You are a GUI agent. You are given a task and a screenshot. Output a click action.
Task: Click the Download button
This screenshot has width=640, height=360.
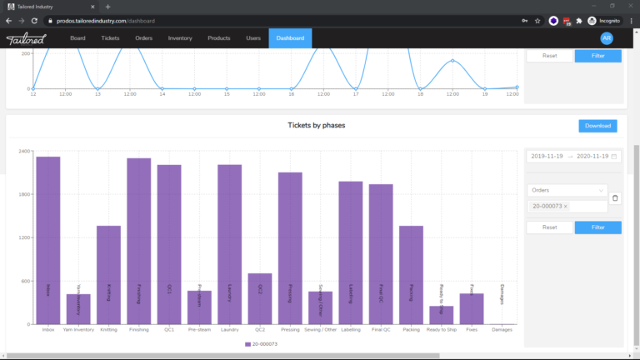tap(597, 126)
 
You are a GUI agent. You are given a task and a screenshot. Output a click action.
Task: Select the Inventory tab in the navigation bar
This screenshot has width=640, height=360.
tap(180, 38)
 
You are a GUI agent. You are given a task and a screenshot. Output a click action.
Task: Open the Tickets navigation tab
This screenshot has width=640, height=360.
tap(110, 38)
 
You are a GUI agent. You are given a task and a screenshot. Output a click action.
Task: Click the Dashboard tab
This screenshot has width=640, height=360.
tap(290, 38)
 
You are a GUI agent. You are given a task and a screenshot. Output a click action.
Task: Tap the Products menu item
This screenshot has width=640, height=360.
tap(219, 38)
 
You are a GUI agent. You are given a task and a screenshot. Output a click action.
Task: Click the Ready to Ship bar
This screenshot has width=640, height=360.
tap(442, 315)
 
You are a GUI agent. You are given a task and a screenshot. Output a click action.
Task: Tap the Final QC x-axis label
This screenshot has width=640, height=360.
tap(381, 329)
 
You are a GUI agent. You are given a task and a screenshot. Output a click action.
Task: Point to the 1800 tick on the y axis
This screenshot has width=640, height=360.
tap(25, 194)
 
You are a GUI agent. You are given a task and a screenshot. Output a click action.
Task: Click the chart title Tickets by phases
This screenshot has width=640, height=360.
tap(316, 125)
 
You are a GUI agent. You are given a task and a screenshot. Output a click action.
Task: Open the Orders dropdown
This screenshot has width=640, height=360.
tap(567, 189)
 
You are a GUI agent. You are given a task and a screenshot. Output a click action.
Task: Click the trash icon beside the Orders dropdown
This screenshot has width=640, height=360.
tap(615, 197)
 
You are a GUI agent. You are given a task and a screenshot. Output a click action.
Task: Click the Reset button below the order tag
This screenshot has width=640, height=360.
tap(549, 227)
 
